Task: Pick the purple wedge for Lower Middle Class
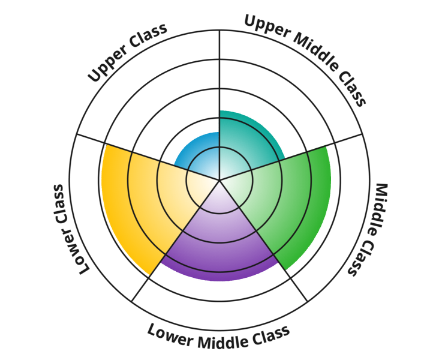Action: point(220,240)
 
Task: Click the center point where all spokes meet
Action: point(220,179)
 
